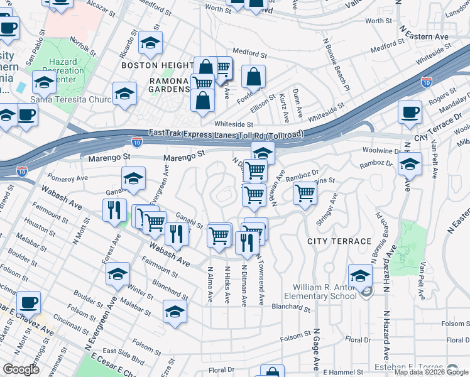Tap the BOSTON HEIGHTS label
click(x=157, y=65)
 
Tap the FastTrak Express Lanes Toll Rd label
click(x=226, y=133)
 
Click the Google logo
click(x=21, y=369)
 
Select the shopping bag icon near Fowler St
click(x=253, y=77)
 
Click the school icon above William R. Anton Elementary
click(x=361, y=275)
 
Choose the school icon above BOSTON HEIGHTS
click(x=150, y=43)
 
